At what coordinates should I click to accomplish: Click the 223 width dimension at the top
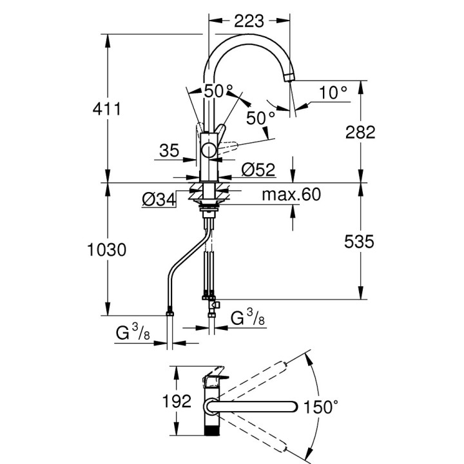pyautogui.click(x=249, y=21)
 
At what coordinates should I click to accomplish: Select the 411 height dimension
pyautogui.click(x=107, y=109)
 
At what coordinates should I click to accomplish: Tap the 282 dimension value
pyautogui.click(x=360, y=132)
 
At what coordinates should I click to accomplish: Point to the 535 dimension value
pyautogui.click(x=359, y=242)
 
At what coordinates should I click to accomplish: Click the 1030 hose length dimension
pyautogui.click(x=107, y=250)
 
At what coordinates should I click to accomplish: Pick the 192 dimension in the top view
pyautogui.click(x=177, y=401)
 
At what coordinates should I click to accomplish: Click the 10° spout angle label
pyautogui.click(x=333, y=92)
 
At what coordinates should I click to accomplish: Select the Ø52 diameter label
pyautogui.click(x=258, y=170)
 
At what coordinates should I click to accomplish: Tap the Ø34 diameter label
pyautogui.click(x=159, y=200)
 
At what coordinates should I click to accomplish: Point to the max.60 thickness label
pyautogui.click(x=291, y=195)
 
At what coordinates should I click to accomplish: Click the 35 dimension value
pyautogui.click(x=169, y=151)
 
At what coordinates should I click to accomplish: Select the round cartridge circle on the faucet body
pyautogui.click(x=209, y=150)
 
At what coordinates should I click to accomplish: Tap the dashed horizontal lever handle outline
pyautogui.click(x=227, y=148)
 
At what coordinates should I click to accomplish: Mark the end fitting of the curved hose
pyautogui.click(x=169, y=313)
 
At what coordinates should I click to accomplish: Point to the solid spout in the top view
pyautogui.click(x=252, y=407)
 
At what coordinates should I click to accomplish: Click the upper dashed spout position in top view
pyautogui.click(x=251, y=380)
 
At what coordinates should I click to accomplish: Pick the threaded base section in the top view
pyautogui.click(x=211, y=429)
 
